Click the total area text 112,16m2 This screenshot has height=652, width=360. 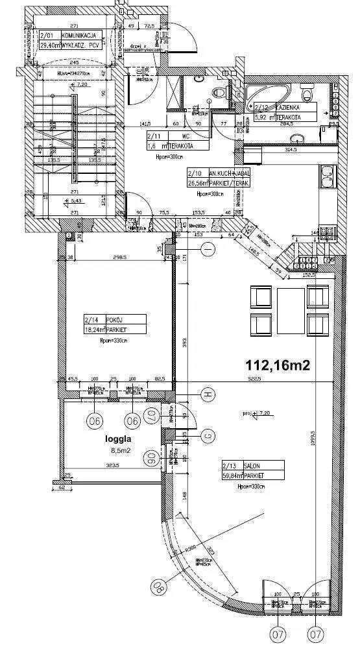click(278, 365)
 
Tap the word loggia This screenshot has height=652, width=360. click(118, 438)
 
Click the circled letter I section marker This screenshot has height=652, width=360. click(208, 249)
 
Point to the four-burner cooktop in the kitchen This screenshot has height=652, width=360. click(306, 264)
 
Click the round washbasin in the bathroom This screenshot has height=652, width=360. click(298, 139)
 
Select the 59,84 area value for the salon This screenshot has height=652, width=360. click(232, 475)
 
